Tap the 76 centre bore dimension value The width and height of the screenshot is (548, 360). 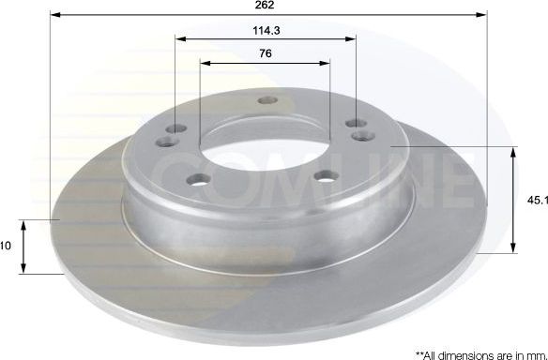[266, 53]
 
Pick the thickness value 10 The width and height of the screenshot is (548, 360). [6, 246]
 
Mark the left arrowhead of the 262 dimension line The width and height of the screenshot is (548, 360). [53, 16]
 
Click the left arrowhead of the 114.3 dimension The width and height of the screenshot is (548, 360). [179, 40]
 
